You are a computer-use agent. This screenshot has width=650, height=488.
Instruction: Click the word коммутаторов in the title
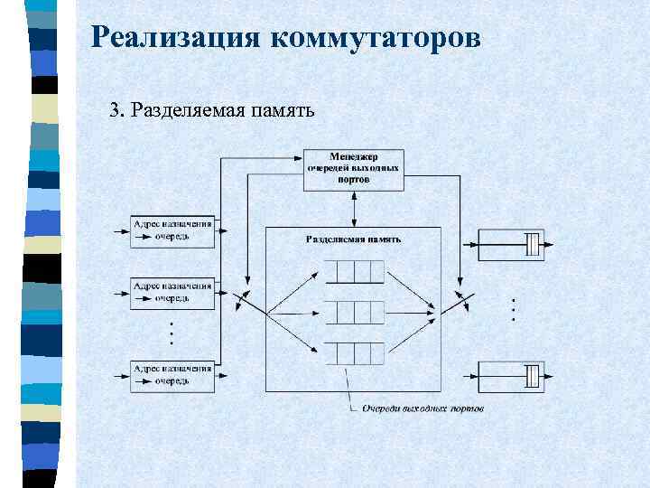point(375,37)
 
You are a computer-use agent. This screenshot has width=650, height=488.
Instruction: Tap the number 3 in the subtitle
point(114,111)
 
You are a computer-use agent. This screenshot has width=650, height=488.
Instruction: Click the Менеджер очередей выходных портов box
point(353,169)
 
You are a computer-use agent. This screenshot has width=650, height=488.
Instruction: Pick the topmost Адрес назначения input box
point(172,230)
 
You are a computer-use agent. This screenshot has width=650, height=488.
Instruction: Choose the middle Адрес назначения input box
point(172,292)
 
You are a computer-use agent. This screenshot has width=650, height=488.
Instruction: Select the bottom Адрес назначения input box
point(172,374)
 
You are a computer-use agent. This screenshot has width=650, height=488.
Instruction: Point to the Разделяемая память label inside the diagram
point(353,239)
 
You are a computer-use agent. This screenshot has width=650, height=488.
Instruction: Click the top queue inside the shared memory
point(354,272)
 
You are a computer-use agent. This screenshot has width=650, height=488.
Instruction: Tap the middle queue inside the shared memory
point(354,313)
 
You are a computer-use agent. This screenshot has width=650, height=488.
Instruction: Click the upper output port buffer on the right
point(510,245)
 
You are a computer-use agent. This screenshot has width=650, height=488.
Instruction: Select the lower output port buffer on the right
point(510,374)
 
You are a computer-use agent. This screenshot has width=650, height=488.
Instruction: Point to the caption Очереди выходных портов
point(422,409)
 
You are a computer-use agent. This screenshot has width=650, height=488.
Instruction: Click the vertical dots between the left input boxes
point(172,333)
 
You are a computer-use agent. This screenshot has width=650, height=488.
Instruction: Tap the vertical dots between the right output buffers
point(512,310)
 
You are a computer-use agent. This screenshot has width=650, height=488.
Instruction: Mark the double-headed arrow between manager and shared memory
point(353,209)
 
